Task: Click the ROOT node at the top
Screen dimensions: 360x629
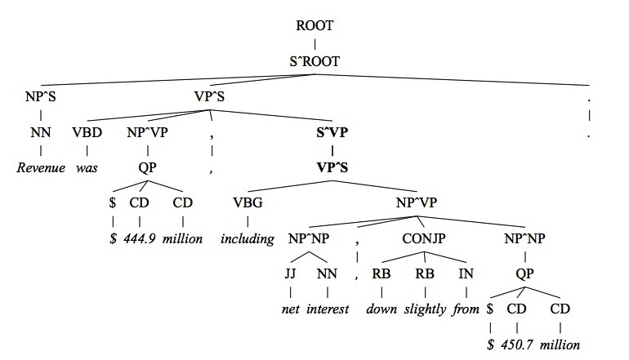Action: tap(315, 24)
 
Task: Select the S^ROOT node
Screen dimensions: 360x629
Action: tap(315, 60)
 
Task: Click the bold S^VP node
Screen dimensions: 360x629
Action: tap(332, 133)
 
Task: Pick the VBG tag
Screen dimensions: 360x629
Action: tap(248, 203)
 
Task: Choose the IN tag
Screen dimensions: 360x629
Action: tap(469, 273)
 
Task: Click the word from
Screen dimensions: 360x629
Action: tap(469, 309)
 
